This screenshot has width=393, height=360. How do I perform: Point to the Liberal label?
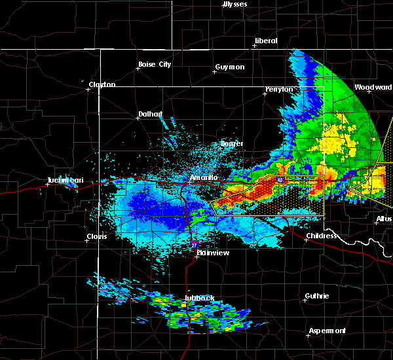266,41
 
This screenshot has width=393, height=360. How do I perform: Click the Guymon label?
230,67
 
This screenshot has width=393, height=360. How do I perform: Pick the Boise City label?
154,64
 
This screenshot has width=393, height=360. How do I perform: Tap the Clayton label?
102,84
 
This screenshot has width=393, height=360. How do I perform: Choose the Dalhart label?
150,114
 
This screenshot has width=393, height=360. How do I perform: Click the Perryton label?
279,89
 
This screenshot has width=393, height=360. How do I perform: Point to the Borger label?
232,143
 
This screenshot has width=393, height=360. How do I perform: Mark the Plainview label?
212,251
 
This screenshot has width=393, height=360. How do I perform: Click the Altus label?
384,219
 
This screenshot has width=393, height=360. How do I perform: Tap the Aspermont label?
328,331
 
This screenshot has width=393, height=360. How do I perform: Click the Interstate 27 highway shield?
194,244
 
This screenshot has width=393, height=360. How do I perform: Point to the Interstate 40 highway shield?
280,179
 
